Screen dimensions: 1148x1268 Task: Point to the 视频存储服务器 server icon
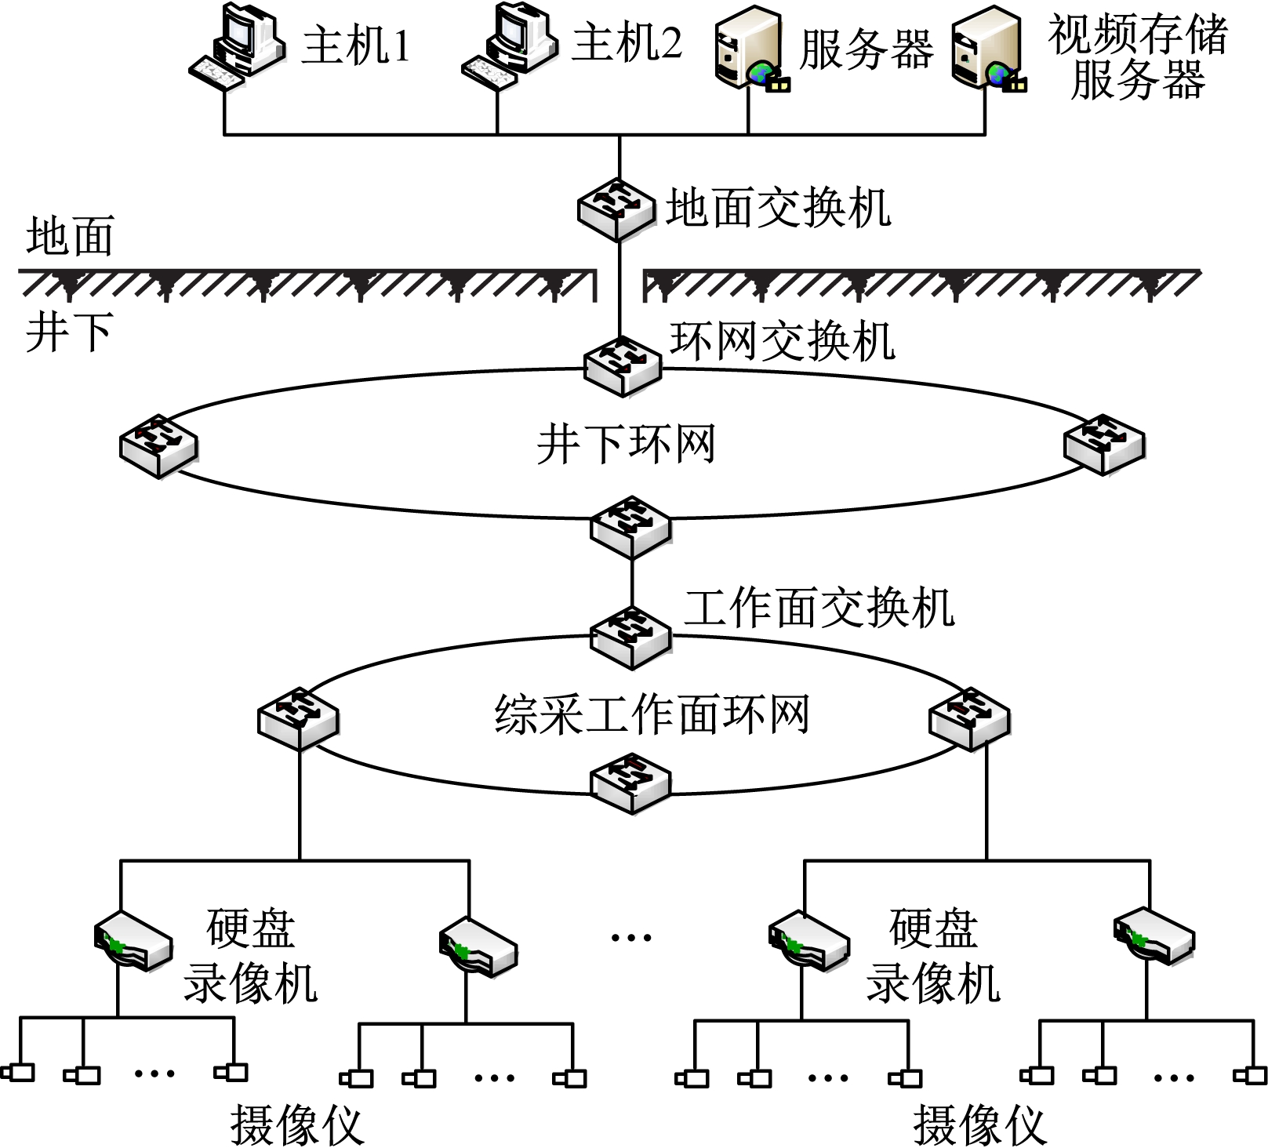[x=987, y=49]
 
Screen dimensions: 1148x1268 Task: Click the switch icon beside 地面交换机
[x=617, y=209]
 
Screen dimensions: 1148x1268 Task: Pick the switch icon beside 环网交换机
[x=623, y=365]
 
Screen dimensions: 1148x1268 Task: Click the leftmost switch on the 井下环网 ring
[x=158, y=445]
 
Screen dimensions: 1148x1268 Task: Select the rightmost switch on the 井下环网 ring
[x=1104, y=443]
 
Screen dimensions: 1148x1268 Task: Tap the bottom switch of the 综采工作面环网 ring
[x=630, y=783]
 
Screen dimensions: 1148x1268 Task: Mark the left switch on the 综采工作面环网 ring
[x=298, y=717]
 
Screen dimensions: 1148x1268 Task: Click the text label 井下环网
[x=626, y=444]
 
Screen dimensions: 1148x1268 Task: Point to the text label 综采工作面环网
[x=652, y=714]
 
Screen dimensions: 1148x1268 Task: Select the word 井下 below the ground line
[x=70, y=332]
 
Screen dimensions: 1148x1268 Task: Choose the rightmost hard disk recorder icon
[x=1154, y=935]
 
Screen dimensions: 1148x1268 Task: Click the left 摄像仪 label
[x=297, y=1125]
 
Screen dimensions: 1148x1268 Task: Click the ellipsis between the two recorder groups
[x=630, y=937]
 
